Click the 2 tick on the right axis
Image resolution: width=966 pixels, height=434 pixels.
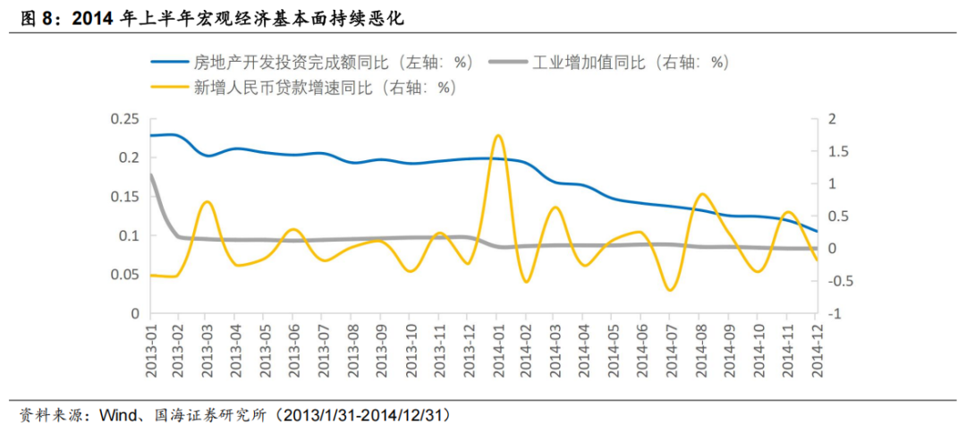click(x=833, y=119)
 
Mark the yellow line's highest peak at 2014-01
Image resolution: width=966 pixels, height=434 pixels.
click(x=497, y=135)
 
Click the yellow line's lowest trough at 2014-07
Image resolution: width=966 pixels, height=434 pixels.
click(x=669, y=290)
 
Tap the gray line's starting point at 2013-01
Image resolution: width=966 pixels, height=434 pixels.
click(x=150, y=174)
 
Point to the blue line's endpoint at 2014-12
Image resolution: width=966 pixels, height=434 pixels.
click(x=816, y=231)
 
